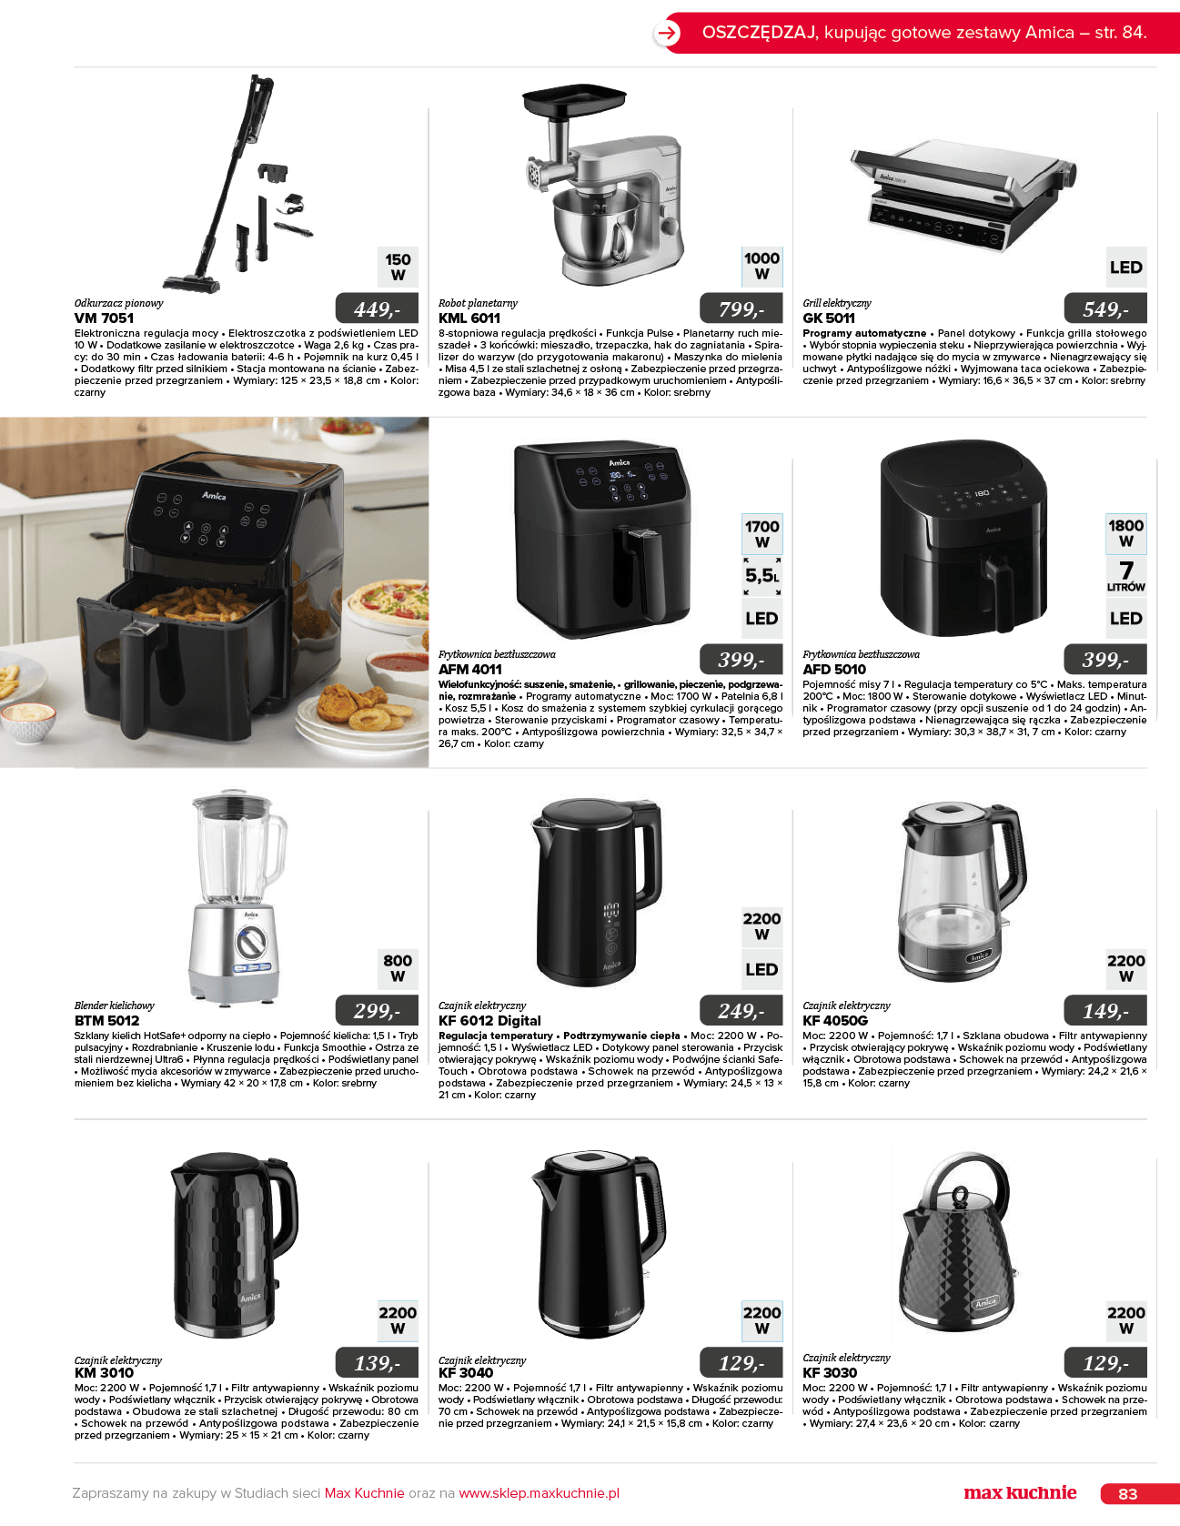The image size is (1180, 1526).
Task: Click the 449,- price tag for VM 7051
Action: point(378,309)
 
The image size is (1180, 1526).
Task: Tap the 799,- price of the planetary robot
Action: point(741,309)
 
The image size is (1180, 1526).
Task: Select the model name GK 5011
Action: point(829,318)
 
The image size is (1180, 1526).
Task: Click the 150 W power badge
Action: point(398,267)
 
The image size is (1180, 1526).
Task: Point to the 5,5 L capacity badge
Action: point(762,576)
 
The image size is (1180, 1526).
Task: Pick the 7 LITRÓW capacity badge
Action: point(1126,576)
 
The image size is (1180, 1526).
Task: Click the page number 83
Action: point(1128,1493)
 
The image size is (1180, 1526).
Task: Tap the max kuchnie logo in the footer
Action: point(1020,1492)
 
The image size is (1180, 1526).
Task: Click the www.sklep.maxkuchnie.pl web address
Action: point(539,1493)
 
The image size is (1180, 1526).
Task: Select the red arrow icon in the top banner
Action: point(668,34)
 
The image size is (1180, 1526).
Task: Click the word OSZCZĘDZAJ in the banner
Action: point(759,32)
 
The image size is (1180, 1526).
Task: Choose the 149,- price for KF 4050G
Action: point(1105,1010)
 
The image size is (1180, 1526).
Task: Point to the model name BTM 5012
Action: point(107,1021)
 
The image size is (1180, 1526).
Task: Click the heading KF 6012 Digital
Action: point(489,1021)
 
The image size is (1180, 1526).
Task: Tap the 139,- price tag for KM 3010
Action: point(378,1362)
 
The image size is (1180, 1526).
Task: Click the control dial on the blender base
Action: point(251,942)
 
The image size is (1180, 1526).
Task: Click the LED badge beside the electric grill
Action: point(1126,268)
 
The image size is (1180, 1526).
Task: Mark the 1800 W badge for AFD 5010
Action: point(1126,532)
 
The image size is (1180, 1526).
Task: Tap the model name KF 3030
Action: point(830,1372)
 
